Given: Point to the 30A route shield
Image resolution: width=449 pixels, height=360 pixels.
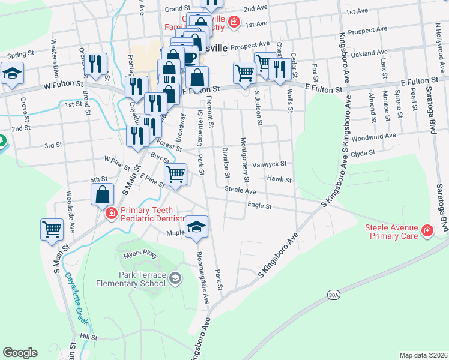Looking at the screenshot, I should pos(334,295).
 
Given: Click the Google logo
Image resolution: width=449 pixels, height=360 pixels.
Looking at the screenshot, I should pos(20,352).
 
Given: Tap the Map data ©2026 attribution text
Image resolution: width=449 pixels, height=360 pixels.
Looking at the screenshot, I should pos(423,355).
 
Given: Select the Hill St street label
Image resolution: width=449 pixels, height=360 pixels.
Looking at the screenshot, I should pos(88,337).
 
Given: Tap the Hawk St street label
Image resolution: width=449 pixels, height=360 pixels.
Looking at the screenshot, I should pos(279,179).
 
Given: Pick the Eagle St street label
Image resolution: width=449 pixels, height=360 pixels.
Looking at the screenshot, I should pos(260,206).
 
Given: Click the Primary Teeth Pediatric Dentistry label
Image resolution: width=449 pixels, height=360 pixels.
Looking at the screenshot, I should pos(147,214).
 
